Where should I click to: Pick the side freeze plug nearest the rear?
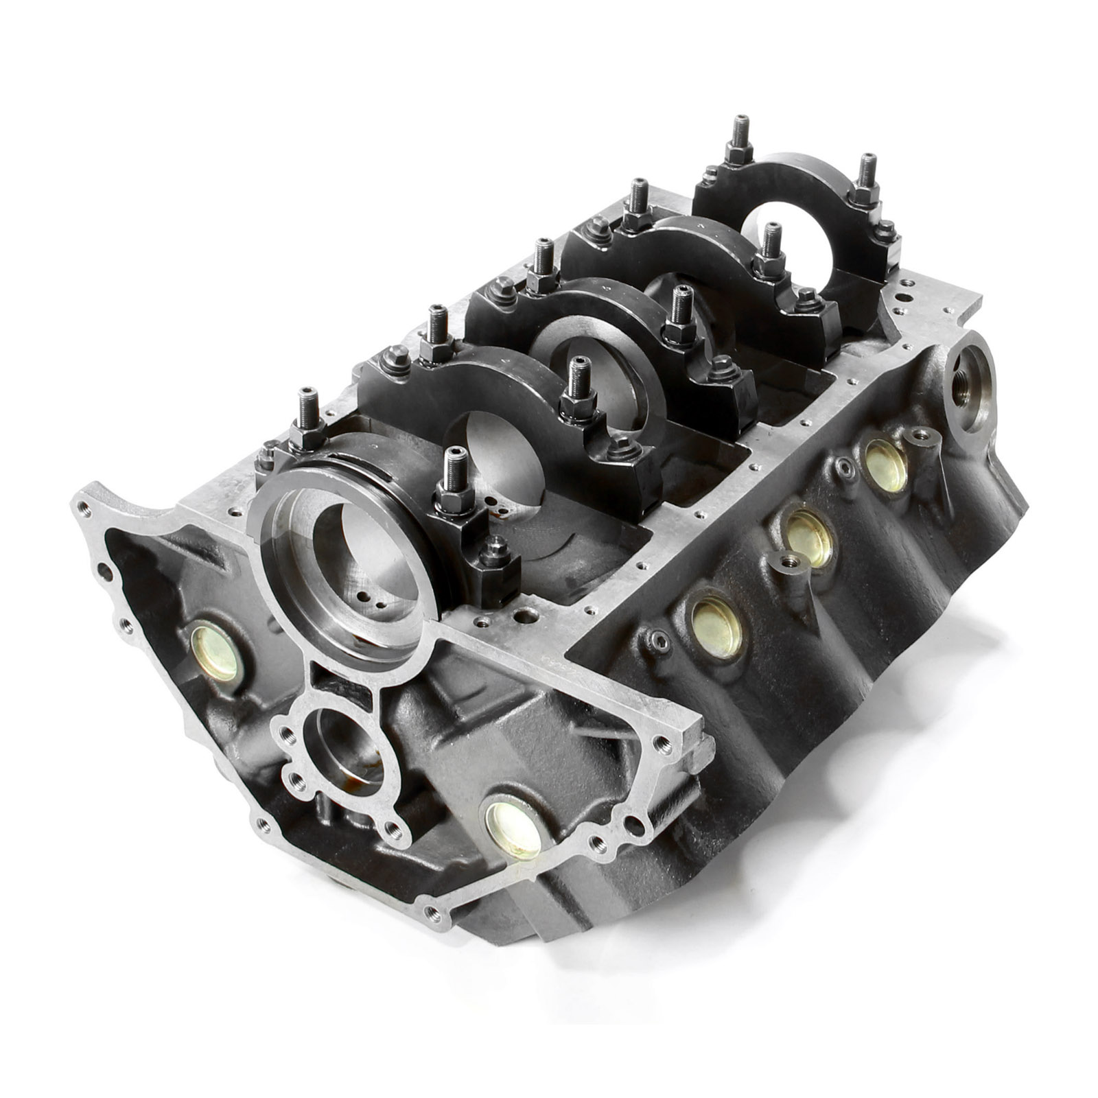(x=885, y=464)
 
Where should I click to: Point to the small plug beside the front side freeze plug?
(x=660, y=641)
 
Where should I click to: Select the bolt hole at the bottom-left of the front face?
(x=432, y=911)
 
